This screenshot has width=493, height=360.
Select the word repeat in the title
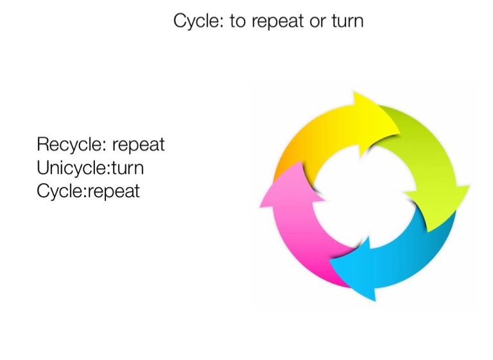pyautogui.click(x=278, y=21)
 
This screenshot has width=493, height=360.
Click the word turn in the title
pyautogui.click(x=347, y=21)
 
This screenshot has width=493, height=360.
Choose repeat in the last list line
pyautogui.click(x=113, y=192)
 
